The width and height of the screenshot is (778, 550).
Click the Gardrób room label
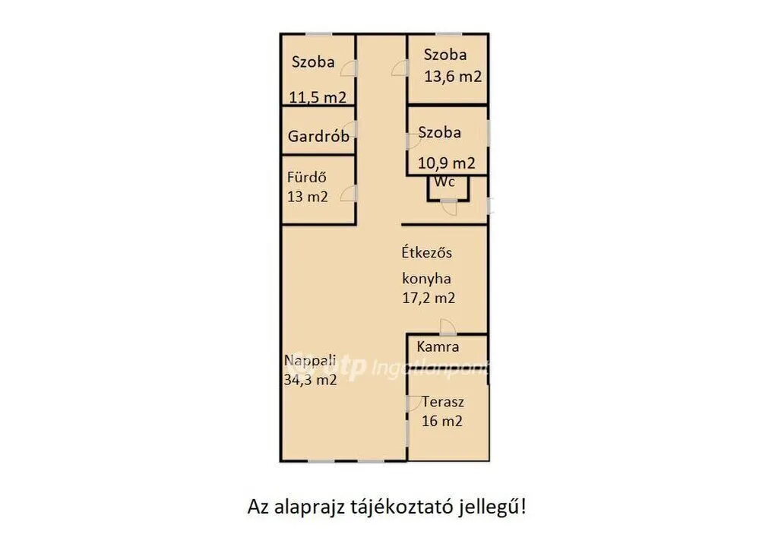[x=318, y=136]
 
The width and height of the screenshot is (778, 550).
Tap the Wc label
[x=444, y=182]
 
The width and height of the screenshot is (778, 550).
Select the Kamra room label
[x=438, y=346]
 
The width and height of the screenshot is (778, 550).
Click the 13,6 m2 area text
[x=453, y=77]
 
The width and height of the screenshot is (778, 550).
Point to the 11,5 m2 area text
[x=318, y=97]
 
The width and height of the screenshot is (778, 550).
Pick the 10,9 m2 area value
[x=446, y=163]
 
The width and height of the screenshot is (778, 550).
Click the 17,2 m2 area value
[x=429, y=298]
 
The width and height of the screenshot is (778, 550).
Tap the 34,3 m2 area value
[x=310, y=380]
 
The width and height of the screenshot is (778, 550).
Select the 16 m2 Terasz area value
[x=442, y=421]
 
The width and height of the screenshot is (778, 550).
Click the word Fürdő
[x=307, y=177]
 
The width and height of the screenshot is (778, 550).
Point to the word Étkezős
[x=427, y=252]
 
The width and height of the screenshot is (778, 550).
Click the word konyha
[x=427, y=279]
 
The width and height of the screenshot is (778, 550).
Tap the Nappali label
[x=310, y=360]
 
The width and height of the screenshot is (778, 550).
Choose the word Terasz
[x=443, y=401]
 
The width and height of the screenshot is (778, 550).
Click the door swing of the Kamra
[x=448, y=327]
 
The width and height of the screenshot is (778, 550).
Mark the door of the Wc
[x=450, y=207]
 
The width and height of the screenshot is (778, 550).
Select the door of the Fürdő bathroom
[x=349, y=194]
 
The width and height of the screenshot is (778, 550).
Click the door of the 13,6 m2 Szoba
[x=400, y=68]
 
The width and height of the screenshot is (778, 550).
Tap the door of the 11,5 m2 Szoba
[x=349, y=68]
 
